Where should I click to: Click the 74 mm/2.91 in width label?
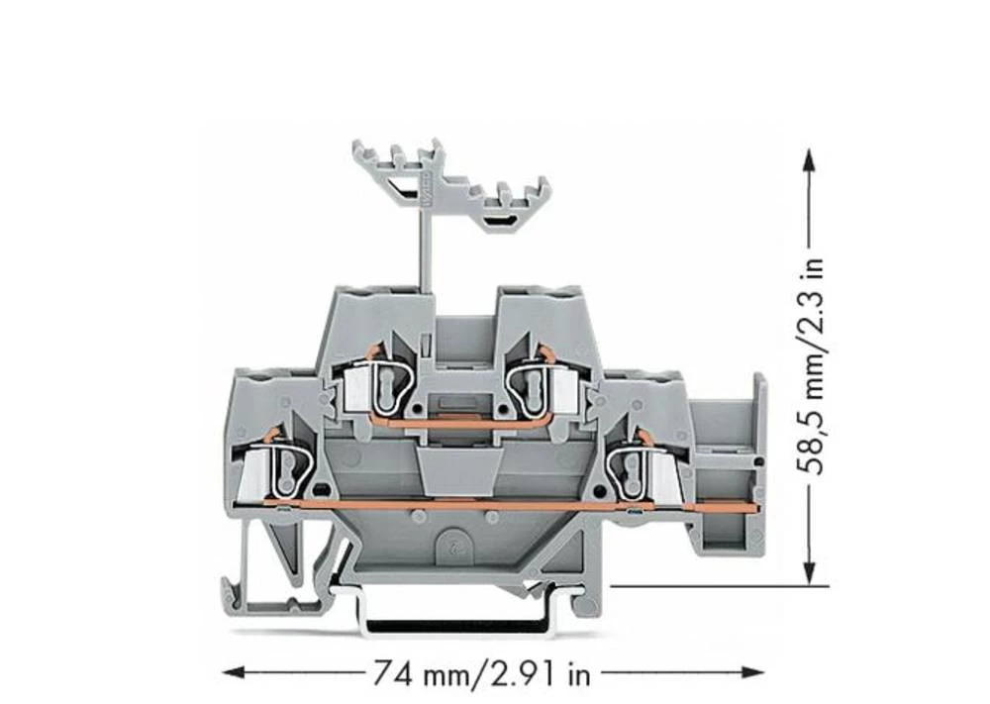[481, 674]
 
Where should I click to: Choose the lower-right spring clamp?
[634, 463]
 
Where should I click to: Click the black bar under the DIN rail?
[455, 627]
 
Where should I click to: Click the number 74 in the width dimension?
[390, 674]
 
